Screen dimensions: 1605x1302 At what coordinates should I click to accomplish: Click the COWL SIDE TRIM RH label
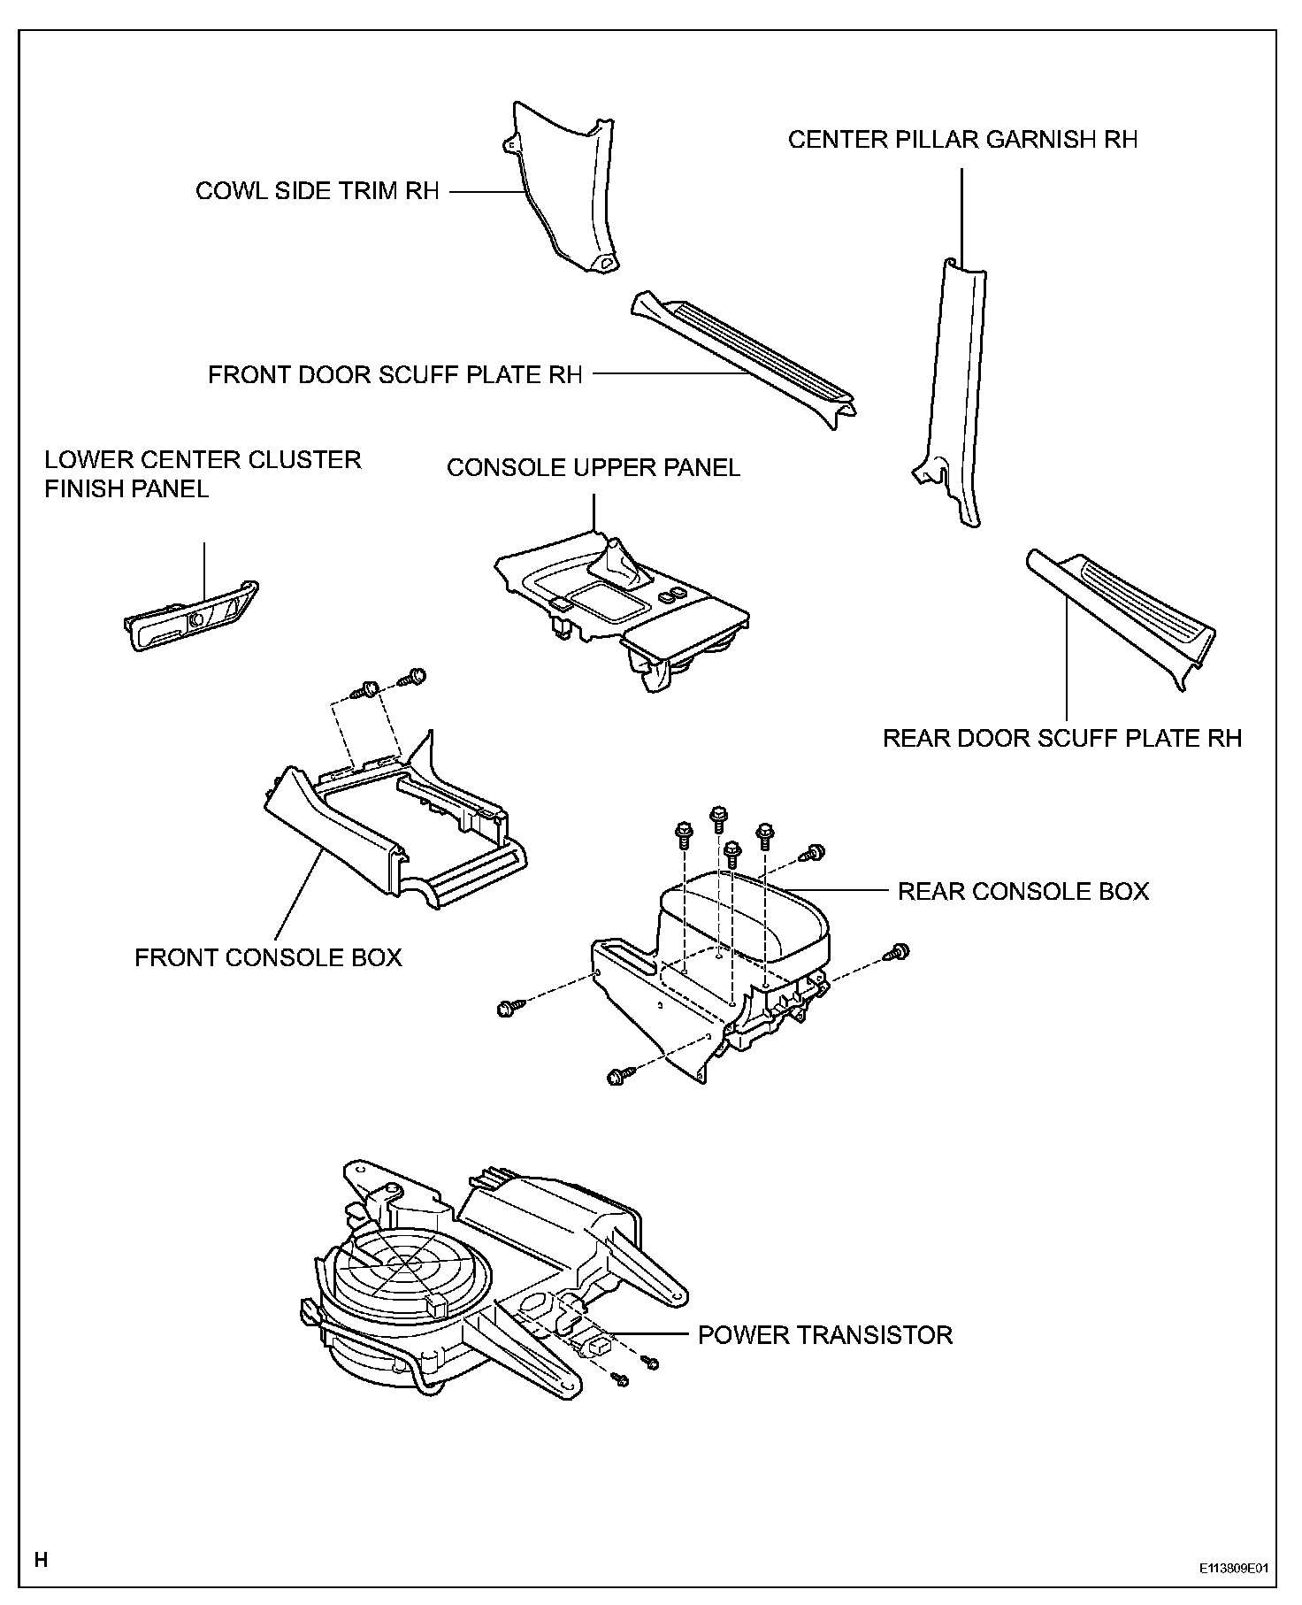pos(317,192)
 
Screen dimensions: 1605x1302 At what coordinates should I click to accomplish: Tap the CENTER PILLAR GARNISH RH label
pos(962,140)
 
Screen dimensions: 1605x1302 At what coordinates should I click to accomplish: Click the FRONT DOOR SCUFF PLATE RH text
pos(394,375)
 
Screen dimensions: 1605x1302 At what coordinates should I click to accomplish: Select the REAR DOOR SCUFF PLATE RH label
pos(1062,738)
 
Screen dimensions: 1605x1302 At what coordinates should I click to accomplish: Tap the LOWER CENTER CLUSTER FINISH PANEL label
pos(203,474)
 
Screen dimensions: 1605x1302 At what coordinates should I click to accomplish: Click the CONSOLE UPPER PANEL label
pos(593,468)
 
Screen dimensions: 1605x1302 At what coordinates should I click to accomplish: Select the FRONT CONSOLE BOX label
pos(268,957)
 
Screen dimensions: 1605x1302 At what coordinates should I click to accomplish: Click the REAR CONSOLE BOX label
pos(1023,891)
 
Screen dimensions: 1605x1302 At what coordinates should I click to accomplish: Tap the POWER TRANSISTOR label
pos(825,1335)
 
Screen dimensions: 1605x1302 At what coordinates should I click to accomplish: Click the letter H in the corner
pos(41,1559)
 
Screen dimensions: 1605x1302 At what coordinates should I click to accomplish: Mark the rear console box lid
pos(747,916)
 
